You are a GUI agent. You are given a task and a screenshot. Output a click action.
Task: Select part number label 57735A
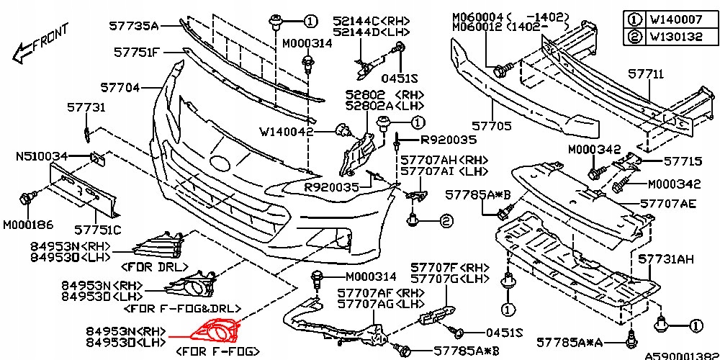(133, 26)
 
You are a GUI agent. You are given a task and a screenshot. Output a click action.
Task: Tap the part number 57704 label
(120, 88)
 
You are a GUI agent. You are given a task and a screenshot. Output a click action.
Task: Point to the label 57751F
(137, 53)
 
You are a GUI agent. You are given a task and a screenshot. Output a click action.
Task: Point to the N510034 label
(42, 156)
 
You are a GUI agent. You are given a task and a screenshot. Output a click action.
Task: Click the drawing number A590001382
(681, 355)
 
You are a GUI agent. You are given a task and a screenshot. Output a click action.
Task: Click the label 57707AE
(667, 204)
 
